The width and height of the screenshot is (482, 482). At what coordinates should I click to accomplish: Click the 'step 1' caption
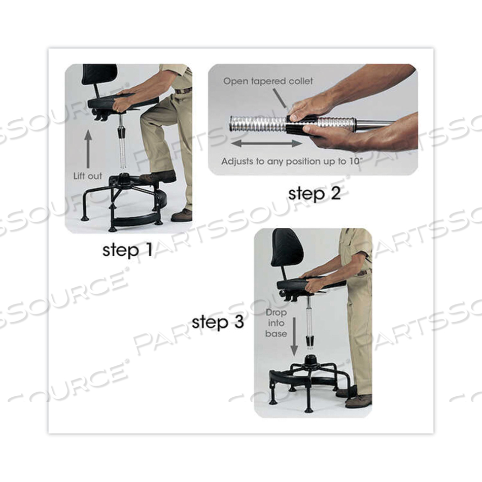click(127, 250)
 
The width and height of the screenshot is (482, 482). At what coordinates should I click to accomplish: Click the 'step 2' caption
click(314, 193)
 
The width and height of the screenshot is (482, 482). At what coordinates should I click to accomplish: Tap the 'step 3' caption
click(218, 322)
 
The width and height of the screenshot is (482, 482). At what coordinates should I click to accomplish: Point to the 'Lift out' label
click(87, 176)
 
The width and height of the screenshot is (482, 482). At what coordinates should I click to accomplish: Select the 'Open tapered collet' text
click(268, 81)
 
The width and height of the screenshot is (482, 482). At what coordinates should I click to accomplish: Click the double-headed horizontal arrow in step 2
click(267, 144)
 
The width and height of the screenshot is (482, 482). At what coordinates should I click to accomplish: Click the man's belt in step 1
click(183, 91)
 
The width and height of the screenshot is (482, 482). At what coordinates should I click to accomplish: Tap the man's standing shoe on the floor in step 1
click(181, 215)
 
